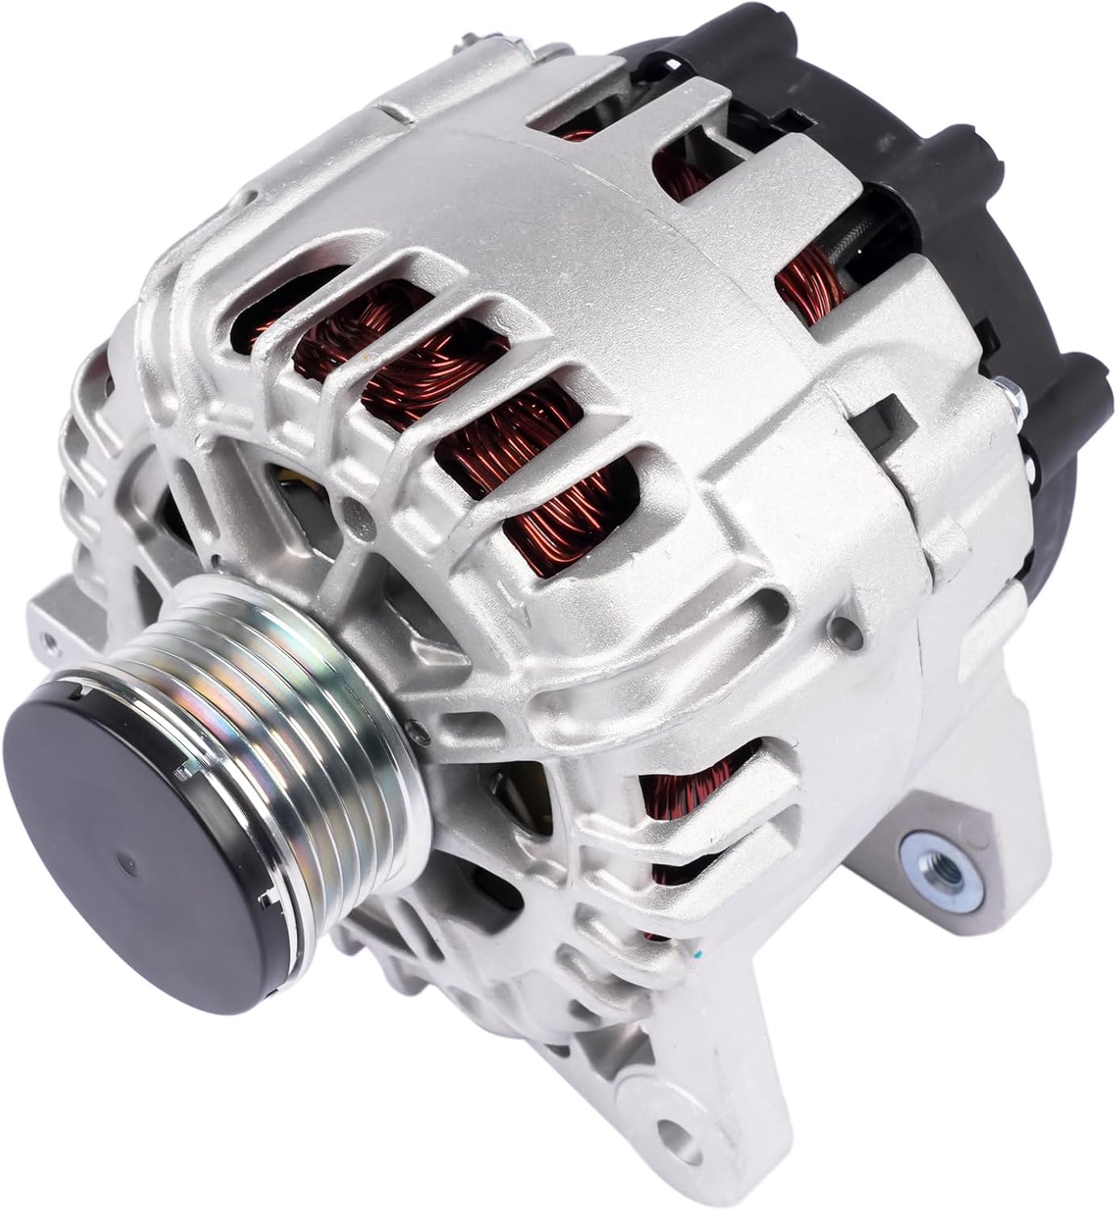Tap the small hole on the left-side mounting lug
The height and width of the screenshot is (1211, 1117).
click(50, 638)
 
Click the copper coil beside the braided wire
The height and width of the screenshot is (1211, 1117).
click(807, 291)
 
